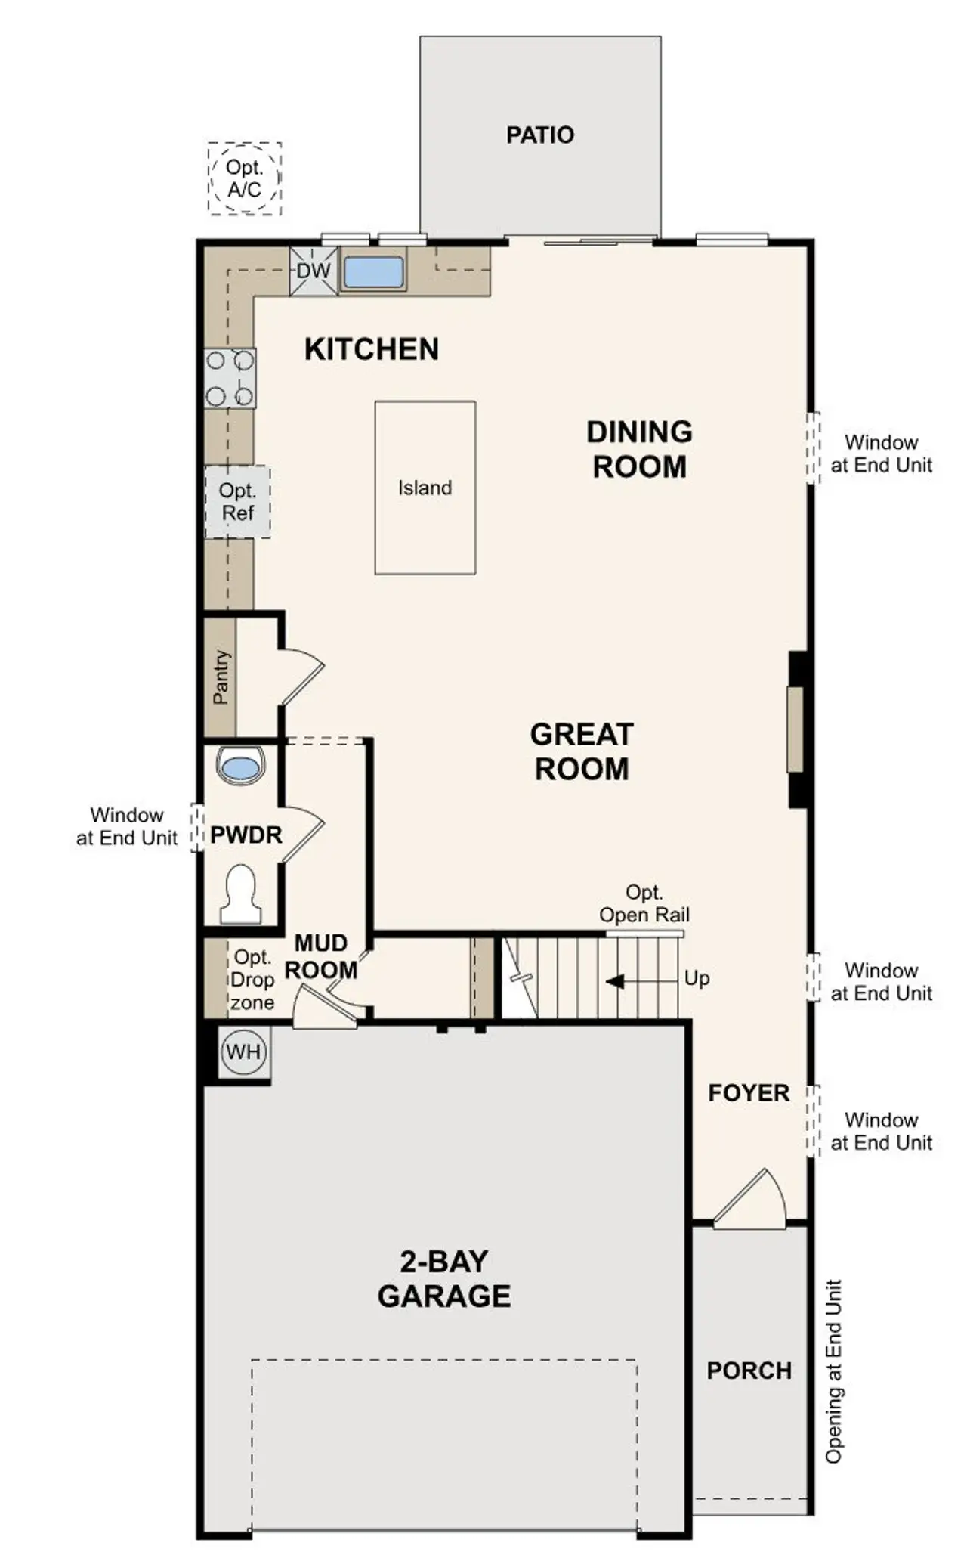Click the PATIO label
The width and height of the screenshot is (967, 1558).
(539, 135)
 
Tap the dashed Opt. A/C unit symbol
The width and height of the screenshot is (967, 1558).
(244, 178)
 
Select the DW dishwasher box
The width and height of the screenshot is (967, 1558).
(313, 271)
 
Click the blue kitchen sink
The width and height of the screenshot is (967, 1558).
(373, 272)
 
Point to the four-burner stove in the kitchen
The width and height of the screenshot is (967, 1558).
(230, 378)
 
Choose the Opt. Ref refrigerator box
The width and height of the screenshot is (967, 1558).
(237, 502)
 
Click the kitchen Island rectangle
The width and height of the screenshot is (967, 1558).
(425, 488)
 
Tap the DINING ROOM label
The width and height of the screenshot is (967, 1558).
(639, 449)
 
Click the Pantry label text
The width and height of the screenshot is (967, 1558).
(221, 677)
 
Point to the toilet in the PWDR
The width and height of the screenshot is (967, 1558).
(240, 896)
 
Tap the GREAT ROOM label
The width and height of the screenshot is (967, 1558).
(581, 751)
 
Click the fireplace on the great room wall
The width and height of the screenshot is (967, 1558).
(796, 729)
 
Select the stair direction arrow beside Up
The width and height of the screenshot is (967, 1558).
(616, 981)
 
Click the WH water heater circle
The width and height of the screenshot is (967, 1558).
(243, 1052)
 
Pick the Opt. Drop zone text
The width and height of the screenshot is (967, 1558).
(252, 980)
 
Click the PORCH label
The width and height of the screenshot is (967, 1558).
(749, 1371)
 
